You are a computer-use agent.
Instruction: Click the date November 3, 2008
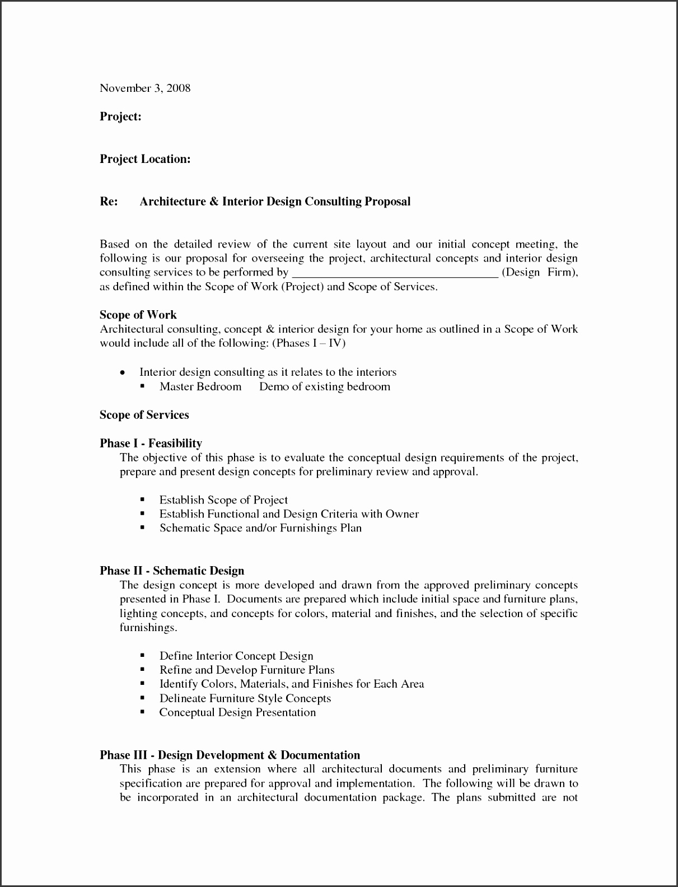(145, 88)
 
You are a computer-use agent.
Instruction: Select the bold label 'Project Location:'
(145, 159)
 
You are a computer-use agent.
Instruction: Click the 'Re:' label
(109, 202)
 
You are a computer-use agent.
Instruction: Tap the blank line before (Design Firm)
(395, 273)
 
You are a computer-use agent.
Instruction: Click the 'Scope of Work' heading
(138, 315)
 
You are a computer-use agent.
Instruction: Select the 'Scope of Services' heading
(144, 415)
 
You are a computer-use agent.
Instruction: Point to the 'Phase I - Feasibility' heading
(151, 444)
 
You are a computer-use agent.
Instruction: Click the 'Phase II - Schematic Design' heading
(172, 571)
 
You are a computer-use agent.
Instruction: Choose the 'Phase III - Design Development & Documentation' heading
(230, 755)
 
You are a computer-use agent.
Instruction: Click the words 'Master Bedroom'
(200, 386)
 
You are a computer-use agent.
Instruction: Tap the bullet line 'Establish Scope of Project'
(223, 499)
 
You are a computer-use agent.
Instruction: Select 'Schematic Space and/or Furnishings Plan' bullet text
(260, 527)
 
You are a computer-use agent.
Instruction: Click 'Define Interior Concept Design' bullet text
(236, 656)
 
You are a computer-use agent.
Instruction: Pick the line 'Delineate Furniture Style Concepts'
(245, 698)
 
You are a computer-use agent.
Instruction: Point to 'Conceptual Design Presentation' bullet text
(237, 712)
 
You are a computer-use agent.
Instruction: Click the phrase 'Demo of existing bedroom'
(324, 386)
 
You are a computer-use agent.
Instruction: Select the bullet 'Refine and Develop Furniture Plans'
(246, 670)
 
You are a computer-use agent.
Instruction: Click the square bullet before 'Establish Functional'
(142, 513)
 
